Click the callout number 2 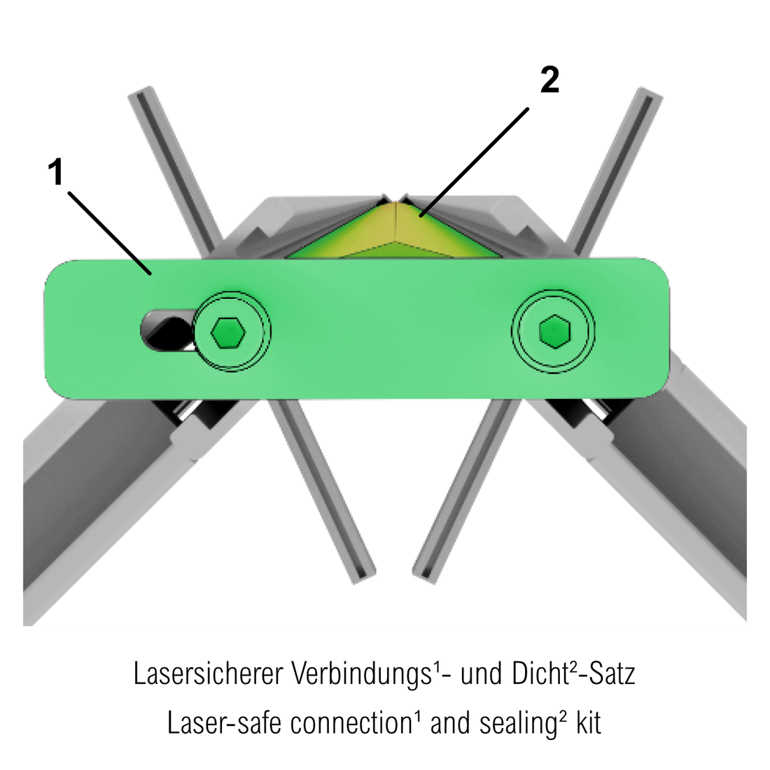[549, 80]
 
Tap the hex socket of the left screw [228, 332]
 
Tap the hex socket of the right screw [554, 332]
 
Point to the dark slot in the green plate [167, 330]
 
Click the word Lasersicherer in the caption [208, 673]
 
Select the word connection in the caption [351, 723]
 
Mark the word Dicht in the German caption [540, 673]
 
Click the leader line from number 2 [475, 162]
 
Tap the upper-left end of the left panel [141, 92]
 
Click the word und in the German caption [482, 673]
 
